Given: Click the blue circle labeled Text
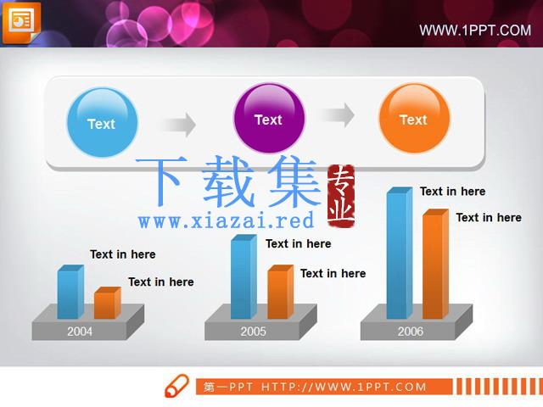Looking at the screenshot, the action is (x=102, y=122).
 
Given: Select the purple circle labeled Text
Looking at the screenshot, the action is (x=269, y=119).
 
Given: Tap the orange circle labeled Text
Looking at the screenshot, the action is (x=414, y=119).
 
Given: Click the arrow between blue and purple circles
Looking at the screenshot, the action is (x=178, y=125).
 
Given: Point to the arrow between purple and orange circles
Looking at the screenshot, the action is (x=337, y=115).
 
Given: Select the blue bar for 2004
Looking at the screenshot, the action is (x=70, y=292).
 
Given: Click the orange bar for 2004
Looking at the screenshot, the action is (x=108, y=303).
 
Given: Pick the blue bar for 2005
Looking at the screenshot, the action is (x=244, y=276).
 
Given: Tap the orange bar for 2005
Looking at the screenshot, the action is (x=281, y=292).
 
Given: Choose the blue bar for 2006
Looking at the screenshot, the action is (x=400, y=253).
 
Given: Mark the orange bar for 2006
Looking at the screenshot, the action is (x=435, y=264).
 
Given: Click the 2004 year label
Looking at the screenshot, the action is (x=80, y=332).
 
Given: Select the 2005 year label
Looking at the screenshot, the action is (x=253, y=332).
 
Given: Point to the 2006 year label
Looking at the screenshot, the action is (x=411, y=332).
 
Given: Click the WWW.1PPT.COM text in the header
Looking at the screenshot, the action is (x=475, y=31).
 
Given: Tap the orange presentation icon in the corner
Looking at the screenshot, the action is (x=21, y=23).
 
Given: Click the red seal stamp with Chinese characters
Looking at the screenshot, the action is (x=341, y=196).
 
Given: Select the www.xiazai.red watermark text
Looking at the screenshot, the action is (x=226, y=220).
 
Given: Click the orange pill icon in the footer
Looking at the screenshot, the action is (x=176, y=386).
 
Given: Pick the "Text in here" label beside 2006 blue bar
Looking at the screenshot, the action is (x=452, y=192).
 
